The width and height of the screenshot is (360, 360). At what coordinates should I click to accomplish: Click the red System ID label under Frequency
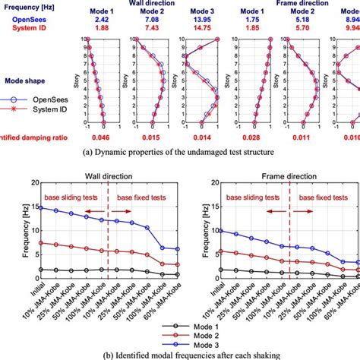[26, 22]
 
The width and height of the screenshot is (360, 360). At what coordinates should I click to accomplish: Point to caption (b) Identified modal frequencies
[180, 355]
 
